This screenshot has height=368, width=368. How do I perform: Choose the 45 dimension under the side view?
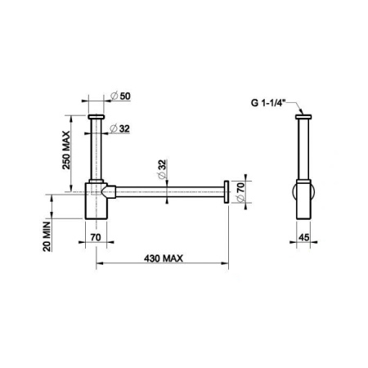[x=303, y=236]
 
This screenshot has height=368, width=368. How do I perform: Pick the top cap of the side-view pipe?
[x=303, y=119]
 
